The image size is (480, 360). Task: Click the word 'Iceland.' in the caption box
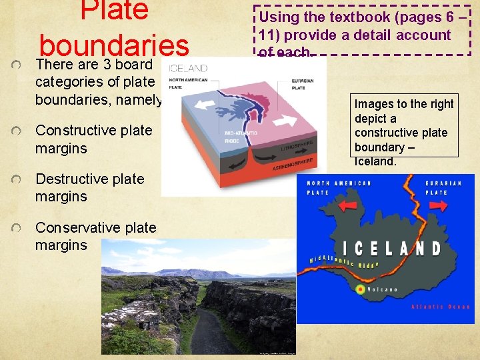pos(375,161)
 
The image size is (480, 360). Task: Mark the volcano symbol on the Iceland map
pos(361,289)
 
